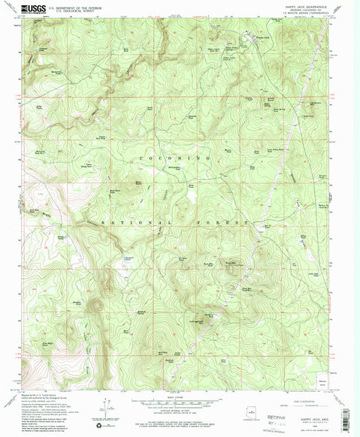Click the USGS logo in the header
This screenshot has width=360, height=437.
[34, 9]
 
